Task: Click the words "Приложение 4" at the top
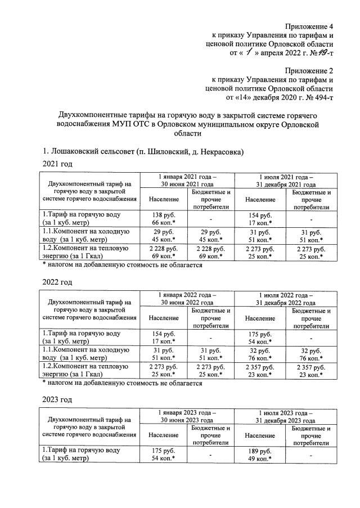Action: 309,26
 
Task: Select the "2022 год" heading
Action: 58,281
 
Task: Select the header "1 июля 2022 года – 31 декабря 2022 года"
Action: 286,298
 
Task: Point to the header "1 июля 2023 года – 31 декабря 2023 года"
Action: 286,416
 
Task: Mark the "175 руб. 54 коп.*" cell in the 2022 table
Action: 260,336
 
